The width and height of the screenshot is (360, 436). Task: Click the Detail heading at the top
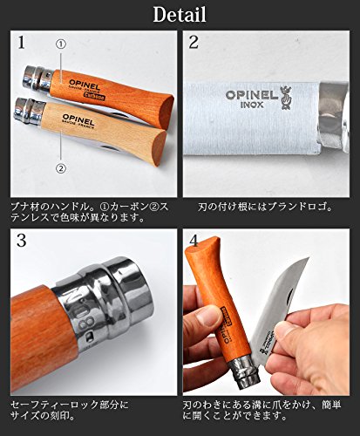pyautogui.click(x=180, y=15)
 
